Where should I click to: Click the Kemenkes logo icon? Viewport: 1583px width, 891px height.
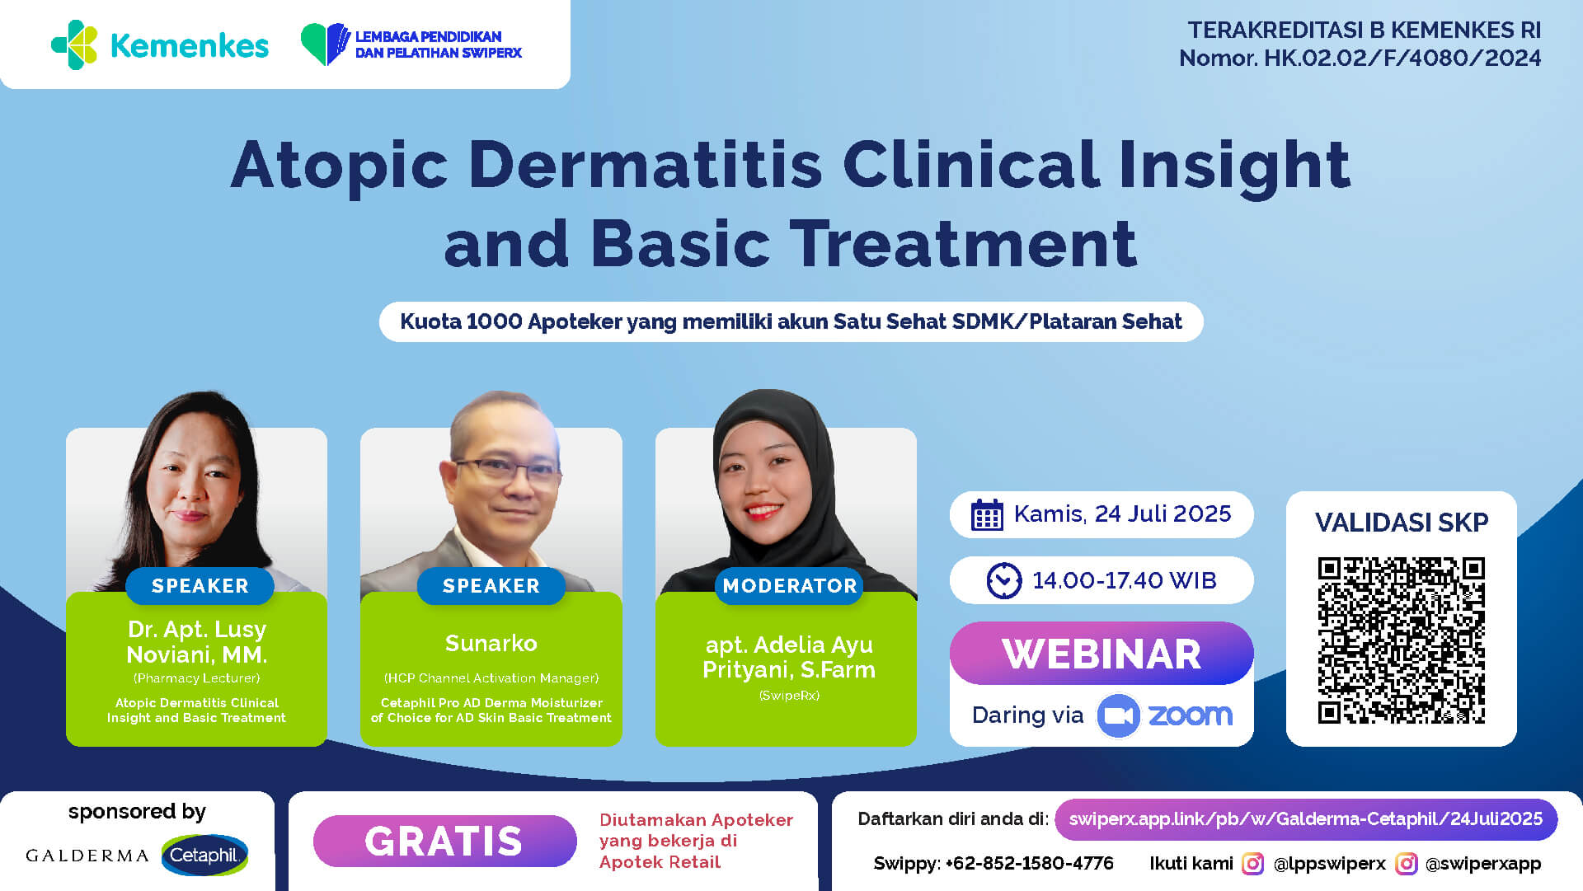pyautogui.click(x=74, y=45)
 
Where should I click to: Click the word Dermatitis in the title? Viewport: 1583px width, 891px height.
pyautogui.click(x=646, y=165)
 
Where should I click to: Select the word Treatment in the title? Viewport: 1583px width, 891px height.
pyautogui.click(x=963, y=244)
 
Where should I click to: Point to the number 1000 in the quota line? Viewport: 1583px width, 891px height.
pyautogui.click(x=494, y=321)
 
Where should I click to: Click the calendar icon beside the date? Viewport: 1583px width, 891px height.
pyautogui.click(x=987, y=514)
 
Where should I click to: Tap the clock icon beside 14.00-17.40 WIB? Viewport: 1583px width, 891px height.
pyautogui.click(x=1004, y=580)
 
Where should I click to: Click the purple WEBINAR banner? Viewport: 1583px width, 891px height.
pyautogui.click(x=1102, y=654)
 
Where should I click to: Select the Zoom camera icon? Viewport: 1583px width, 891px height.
pyautogui.click(x=1118, y=715)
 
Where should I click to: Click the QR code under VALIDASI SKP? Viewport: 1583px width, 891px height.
pyautogui.click(x=1401, y=640)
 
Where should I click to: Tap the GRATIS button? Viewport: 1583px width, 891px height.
pyautogui.click(x=444, y=841)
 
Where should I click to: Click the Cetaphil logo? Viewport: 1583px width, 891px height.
pyautogui.click(x=204, y=856)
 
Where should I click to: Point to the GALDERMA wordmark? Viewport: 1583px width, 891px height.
pyautogui.click(x=87, y=856)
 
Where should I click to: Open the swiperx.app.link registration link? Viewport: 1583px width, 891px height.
pyautogui.click(x=1306, y=819)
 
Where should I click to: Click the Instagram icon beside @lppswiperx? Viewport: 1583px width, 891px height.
pyautogui.click(x=1252, y=864)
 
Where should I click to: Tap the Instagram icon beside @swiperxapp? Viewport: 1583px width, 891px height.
pyautogui.click(x=1406, y=864)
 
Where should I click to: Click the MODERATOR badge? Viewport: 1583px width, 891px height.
pyautogui.click(x=789, y=586)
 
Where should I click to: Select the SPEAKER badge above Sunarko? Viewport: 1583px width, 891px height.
pyautogui.click(x=491, y=586)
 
